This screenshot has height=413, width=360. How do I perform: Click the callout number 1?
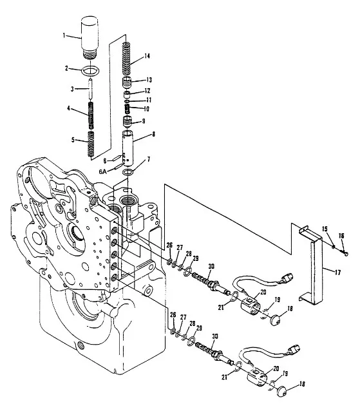pyautogui.click(x=64, y=35)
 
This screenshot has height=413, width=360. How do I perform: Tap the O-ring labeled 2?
pyautogui.click(x=90, y=71)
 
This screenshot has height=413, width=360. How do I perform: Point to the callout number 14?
pyautogui.click(x=147, y=56)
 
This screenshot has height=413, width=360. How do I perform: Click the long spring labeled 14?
pyautogui.click(x=128, y=59)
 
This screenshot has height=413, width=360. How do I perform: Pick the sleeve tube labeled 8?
pyautogui.click(x=128, y=149)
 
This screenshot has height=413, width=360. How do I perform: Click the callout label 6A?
pyautogui.click(x=102, y=171)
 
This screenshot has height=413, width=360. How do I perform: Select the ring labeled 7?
pyautogui.click(x=128, y=172)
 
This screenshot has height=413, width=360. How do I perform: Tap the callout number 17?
pyautogui.click(x=337, y=272)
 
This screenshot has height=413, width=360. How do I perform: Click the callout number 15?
pyautogui.click(x=325, y=229)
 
